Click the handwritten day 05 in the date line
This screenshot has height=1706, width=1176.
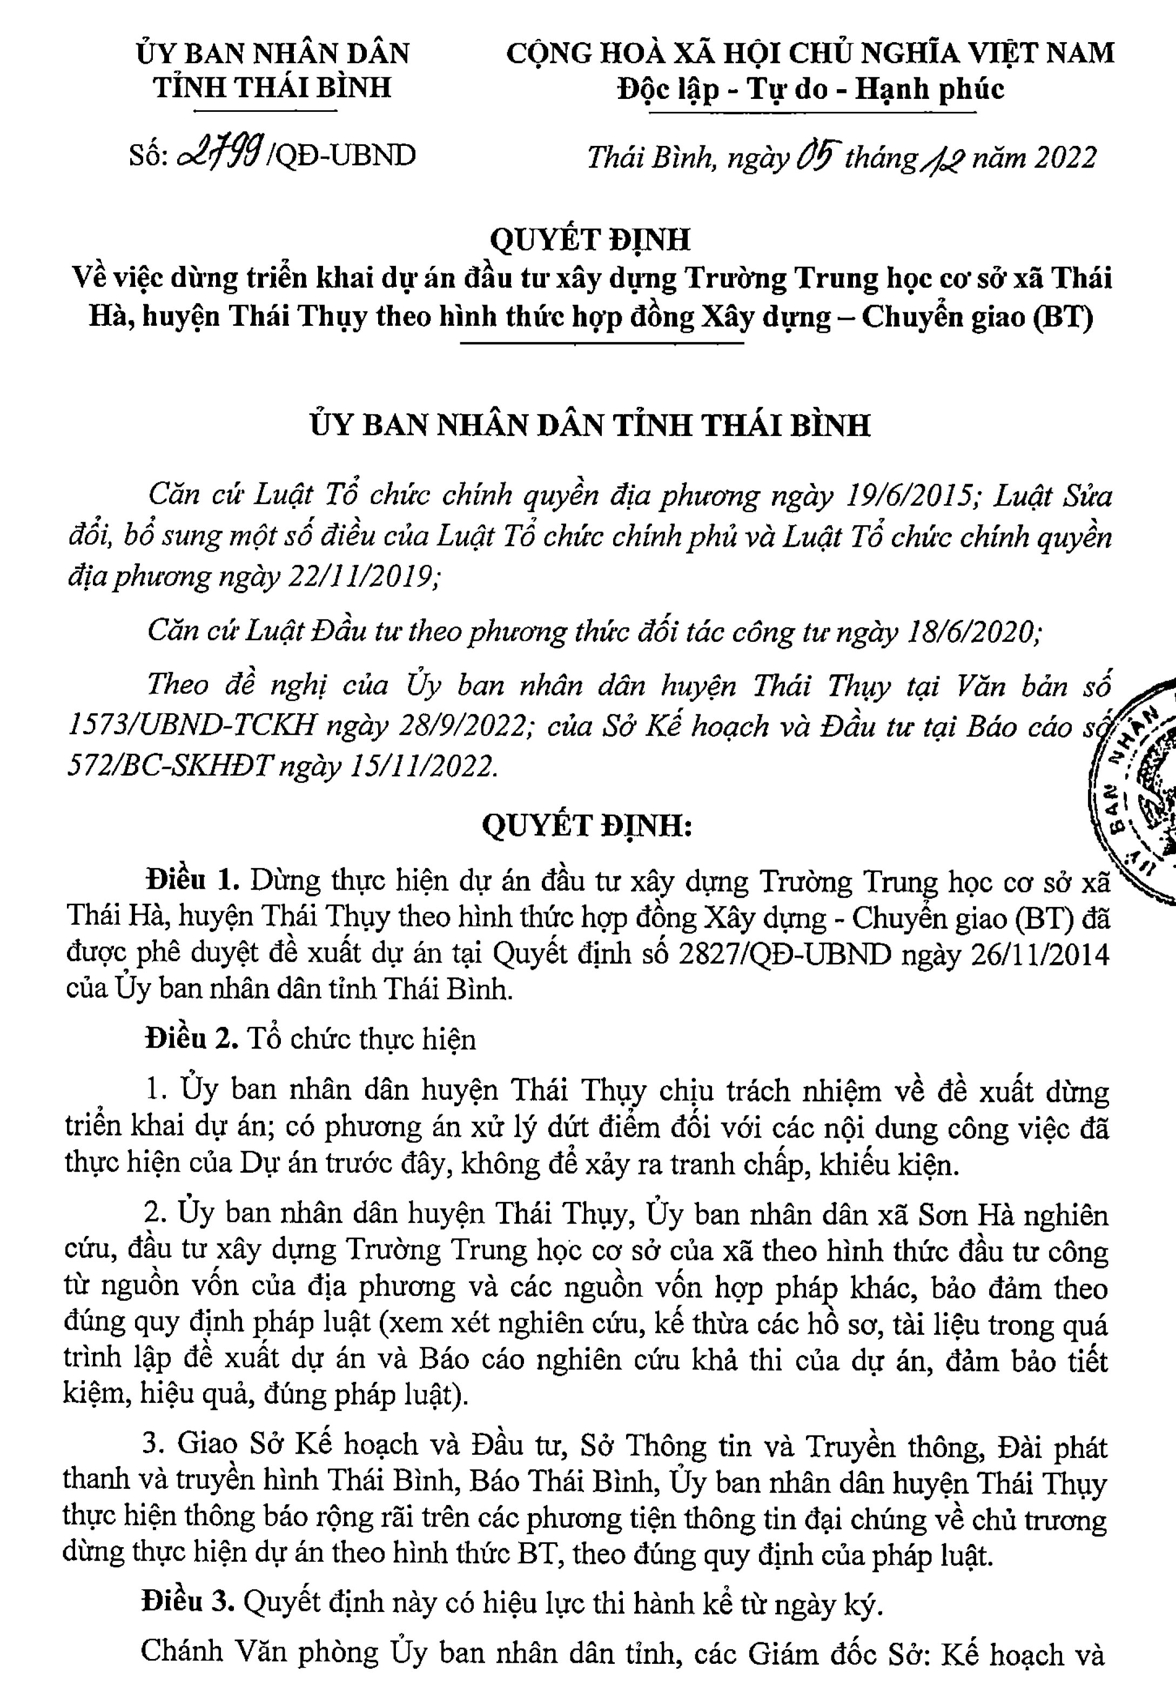click(x=816, y=156)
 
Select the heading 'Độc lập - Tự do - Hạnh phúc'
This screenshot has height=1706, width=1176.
click(x=810, y=89)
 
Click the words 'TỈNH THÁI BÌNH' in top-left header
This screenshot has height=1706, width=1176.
click(x=273, y=87)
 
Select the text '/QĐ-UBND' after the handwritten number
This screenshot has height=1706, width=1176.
click(x=344, y=155)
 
